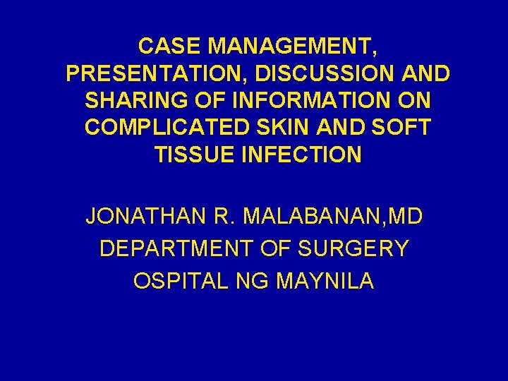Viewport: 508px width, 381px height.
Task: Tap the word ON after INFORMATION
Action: pos(414,100)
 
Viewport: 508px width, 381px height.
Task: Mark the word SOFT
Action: pos(400,127)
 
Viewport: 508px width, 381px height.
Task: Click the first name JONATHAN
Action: pos(146,216)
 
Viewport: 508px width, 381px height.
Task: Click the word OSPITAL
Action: pos(176,281)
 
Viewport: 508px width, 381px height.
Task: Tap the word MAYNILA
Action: pos(325,281)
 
